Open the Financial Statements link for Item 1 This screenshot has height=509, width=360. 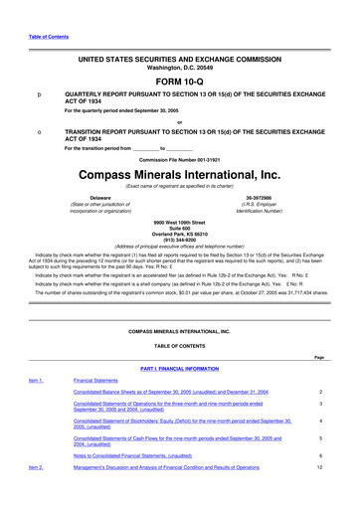[x=102, y=379]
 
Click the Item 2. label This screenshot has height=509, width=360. [x=35, y=494]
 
